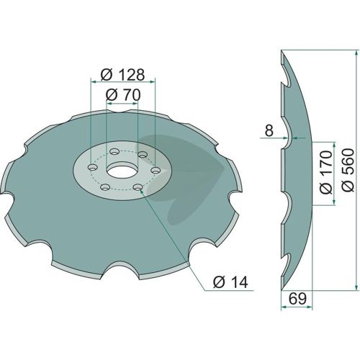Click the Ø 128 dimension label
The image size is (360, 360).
pyautogui.click(x=122, y=75)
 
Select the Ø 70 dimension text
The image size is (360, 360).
pyautogui.click(x=122, y=95)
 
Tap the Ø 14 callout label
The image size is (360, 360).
pyautogui.click(x=230, y=282)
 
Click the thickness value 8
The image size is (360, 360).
pyautogui.click(x=269, y=131)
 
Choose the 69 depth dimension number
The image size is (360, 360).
pyautogui.click(x=297, y=299)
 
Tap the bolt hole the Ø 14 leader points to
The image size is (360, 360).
pyautogui.click(x=138, y=186)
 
